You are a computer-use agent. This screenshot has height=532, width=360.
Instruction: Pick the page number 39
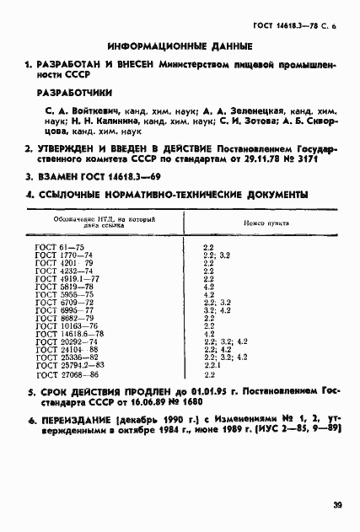pos(336,505)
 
